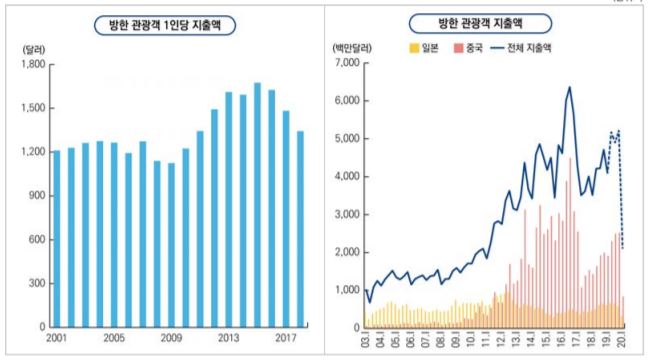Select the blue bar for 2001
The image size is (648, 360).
pyautogui.click(x=56, y=239)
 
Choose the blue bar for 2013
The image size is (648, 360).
pyautogui.click(x=228, y=210)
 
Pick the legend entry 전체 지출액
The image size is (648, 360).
pyautogui.click(x=527, y=46)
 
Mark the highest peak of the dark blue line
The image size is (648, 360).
pyautogui.click(x=569, y=87)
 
